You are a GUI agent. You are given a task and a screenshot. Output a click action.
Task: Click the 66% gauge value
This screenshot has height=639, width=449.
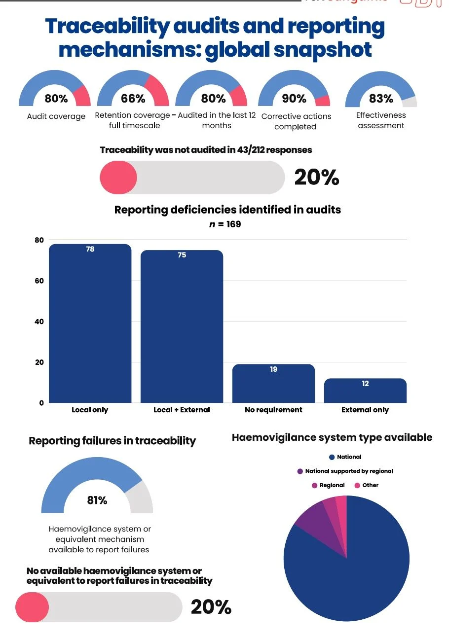click(x=133, y=99)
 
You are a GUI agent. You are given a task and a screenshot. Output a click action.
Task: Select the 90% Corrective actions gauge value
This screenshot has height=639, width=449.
click(x=294, y=99)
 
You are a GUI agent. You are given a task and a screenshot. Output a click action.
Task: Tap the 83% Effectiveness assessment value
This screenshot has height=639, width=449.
click(x=381, y=99)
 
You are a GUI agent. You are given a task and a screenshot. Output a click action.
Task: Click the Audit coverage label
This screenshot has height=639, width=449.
click(x=56, y=117)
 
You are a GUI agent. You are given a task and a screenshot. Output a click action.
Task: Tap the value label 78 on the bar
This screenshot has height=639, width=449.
click(x=90, y=249)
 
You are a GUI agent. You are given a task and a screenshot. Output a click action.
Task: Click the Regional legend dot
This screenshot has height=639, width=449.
click(x=315, y=485)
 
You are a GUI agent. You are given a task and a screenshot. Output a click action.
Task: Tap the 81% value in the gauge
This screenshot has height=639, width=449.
click(x=97, y=500)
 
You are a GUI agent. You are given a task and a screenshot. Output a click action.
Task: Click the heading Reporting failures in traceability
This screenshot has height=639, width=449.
click(x=112, y=441)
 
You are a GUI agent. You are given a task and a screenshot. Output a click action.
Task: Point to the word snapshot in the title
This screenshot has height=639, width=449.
click(x=326, y=50)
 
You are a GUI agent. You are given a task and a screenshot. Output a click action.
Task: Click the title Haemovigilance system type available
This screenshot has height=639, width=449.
click(x=332, y=437)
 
